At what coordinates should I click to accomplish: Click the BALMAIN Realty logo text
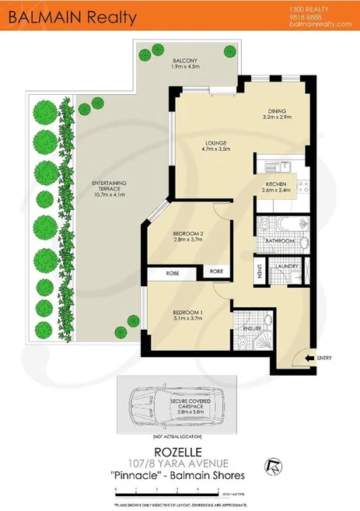[x=69, y=16]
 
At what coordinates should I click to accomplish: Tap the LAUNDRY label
[x=288, y=266]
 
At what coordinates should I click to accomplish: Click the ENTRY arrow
[x=312, y=359]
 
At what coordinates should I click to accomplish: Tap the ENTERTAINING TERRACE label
[x=109, y=187]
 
